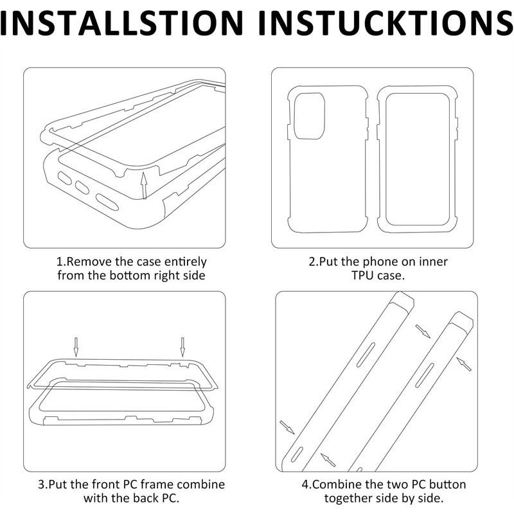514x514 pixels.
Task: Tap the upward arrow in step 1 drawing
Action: (x=143, y=185)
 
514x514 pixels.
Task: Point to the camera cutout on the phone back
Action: (x=309, y=116)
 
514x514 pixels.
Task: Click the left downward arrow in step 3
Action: (x=76, y=347)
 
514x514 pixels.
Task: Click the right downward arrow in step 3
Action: (x=182, y=347)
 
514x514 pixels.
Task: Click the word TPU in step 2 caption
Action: (x=361, y=276)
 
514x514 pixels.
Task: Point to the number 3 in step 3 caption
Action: (x=41, y=484)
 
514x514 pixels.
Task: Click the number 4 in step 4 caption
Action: (x=305, y=484)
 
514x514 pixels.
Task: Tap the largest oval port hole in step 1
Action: (x=107, y=202)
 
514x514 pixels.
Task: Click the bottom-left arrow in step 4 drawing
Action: (x=287, y=427)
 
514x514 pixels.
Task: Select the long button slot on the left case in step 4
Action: (x=366, y=355)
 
